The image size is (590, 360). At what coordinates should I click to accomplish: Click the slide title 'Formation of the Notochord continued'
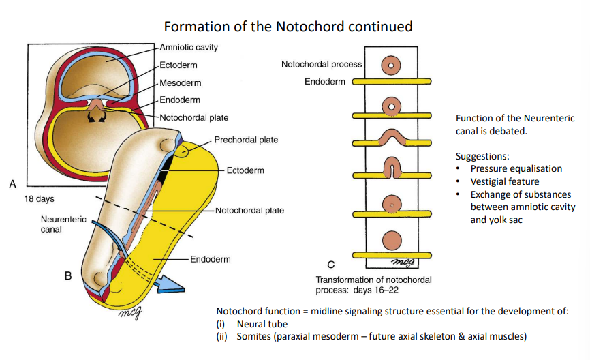click(288, 27)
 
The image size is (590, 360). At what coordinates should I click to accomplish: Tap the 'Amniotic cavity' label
click(189, 48)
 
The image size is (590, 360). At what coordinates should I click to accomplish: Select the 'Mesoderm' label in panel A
click(180, 83)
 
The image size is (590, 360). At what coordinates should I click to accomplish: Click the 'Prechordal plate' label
click(246, 140)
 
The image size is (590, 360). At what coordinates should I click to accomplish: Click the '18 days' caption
click(40, 199)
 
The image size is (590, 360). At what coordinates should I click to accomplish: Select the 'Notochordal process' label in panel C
click(322, 65)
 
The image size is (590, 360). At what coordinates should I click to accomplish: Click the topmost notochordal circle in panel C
click(392, 65)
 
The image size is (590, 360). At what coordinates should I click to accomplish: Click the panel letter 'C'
click(331, 265)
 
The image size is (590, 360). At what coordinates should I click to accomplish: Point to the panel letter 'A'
click(12, 183)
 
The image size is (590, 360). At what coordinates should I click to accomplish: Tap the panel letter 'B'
click(68, 276)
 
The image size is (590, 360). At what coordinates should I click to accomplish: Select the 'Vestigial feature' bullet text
click(504, 181)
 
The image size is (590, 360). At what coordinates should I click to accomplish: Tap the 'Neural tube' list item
click(262, 324)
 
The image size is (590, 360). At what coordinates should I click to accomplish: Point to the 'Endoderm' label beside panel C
click(325, 82)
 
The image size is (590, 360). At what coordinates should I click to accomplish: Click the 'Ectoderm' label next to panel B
click(245, 170)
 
